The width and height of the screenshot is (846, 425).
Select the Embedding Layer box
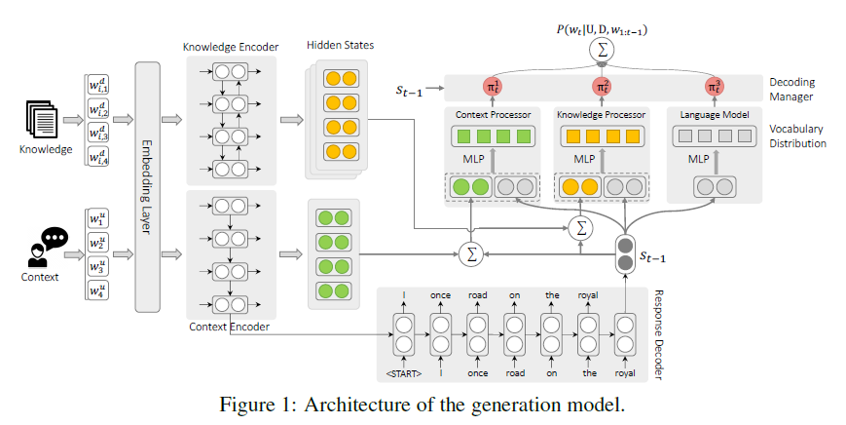pyautogui.click(x=147, y=186)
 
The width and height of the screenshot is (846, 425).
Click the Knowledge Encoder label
pyautogui.click(x=230, y=47)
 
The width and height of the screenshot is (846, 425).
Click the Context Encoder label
pyautogui.click(x=230, y=326)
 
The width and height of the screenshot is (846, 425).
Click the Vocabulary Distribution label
pyautogui.click(x=797, y=135)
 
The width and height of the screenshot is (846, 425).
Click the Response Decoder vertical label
pyautogui.click(x=656, y=332)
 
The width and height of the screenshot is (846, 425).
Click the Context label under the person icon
pyautogui.click(x=39, y=277)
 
